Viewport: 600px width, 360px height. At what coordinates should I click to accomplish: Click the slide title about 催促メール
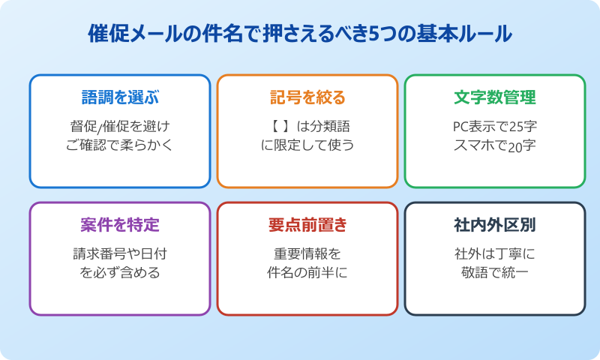(300, 34)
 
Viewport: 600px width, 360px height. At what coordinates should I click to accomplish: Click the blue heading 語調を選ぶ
(120, 97)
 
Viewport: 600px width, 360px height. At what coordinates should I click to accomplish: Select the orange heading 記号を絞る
(307, 97)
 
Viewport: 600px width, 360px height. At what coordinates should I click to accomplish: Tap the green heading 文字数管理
(495, 97)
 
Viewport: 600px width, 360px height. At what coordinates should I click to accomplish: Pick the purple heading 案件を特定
(120, 225)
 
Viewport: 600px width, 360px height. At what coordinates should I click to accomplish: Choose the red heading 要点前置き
(307, 225)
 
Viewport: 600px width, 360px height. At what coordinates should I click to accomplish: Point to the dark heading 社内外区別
(495, 225)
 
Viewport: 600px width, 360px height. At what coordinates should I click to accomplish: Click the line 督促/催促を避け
(120, 125)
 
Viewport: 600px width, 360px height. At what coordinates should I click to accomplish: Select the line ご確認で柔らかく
(120, 145)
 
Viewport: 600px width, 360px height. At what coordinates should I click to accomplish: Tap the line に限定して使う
(307, 145)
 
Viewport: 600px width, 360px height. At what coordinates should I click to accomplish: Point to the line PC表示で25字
(495, 125)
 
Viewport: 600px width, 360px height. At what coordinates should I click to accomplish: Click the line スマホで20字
(495, 145)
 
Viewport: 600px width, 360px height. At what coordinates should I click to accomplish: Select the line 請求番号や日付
(120, 253)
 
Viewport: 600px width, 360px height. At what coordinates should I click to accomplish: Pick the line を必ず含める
(120, 272)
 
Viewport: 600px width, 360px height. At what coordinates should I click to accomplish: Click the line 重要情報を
(307, 253)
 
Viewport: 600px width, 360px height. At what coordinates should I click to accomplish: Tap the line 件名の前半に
(307, 272)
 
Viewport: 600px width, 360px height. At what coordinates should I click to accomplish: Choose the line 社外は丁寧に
(495, 253)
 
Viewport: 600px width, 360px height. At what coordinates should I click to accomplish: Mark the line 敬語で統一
(495, 272)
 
